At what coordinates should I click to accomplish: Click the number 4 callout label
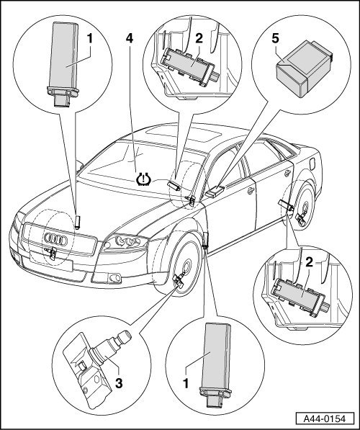[130, 39]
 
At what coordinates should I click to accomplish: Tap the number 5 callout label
[275, 38]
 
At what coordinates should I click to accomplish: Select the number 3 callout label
[119, 383]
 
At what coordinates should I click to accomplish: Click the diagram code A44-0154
[325, 419]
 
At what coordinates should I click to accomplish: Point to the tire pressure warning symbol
[144, 179]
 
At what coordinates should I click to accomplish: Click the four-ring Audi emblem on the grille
[55, 239]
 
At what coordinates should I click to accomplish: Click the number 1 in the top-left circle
[89, 39]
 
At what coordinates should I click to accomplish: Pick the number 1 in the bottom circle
[186, 383]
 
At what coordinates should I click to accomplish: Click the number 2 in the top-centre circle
[199, 38]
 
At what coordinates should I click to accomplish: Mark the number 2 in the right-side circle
[309, 263]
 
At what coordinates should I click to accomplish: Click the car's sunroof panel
[184, 134]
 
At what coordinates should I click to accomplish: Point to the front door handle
[251, 191]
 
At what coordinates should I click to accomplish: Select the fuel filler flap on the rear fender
[312, 164]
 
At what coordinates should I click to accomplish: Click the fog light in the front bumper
[114, 278]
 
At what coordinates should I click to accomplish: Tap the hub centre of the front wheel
[187, 266]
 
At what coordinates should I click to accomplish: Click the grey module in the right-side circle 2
[298, 296]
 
